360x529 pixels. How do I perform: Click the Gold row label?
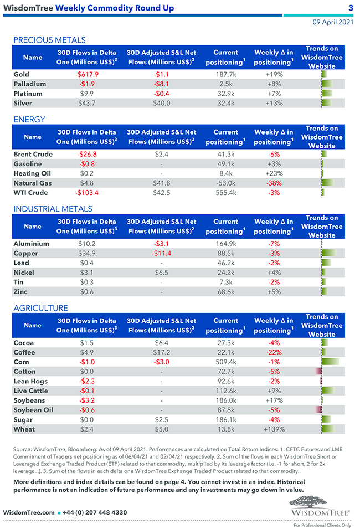pos(22,74)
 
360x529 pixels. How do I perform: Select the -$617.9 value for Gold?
pos(86,74)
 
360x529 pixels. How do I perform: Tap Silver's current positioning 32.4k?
pos(225,103)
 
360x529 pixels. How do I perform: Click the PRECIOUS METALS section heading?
pos(49,40)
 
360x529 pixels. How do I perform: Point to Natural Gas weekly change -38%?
pos(274,183)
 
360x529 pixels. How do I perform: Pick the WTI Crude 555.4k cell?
pos(225,193)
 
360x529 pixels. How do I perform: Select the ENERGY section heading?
pos(29,120)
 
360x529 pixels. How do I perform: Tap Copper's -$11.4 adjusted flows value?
pos(161,253)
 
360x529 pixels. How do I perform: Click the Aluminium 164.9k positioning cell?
pos(225,244)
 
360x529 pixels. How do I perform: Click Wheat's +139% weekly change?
pos(274,429)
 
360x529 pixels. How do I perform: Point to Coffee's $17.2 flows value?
pos(161,352)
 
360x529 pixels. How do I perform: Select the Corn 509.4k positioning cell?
pos(225,362)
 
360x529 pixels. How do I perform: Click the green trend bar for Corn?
pos(330,362)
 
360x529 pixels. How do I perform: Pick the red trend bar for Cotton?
pos(318,371)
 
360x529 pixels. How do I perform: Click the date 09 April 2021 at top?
pos(332,22)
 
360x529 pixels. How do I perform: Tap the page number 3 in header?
pos(351,8)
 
